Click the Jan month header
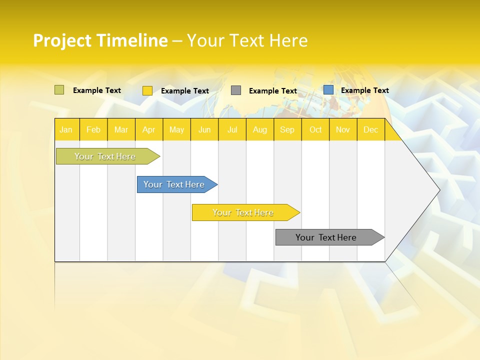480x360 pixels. (66, 129)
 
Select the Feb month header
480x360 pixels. (93, 129)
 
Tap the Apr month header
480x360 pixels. (148, 129)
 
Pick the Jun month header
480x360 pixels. (204, 129)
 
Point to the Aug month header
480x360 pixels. (259, 129)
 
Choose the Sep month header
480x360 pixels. (287, 129)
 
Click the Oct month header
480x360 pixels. (315, 129)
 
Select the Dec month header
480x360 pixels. (370, 129)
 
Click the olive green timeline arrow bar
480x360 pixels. (105, 156)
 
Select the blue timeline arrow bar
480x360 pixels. (174, 184)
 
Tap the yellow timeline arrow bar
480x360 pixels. (243, 212)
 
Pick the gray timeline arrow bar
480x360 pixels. (326, 237)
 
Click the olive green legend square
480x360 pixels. (59, 90)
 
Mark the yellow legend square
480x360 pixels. (147, 90)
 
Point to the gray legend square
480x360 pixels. (236, 90)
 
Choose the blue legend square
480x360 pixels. (328, 90)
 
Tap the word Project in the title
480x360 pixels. (62, 40)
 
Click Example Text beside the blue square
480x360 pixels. (364, 90)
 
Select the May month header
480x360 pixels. (176, 129)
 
